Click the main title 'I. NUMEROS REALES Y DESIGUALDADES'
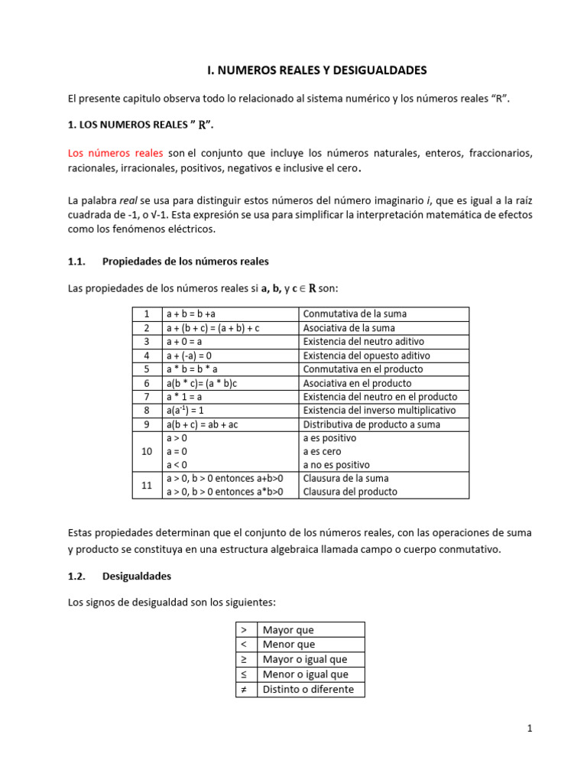click(317, 70)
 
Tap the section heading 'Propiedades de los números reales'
click(186, 262)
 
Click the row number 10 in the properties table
click(146, 452)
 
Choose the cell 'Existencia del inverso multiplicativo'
click(380, 411)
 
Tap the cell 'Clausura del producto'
click(351, 492)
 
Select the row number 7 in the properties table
click(146, 397)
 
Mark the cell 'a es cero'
click(324, 452)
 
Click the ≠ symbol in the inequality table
click(244, 689)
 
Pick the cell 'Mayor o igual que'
click(305, 659)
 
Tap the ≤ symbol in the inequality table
click(244, 674)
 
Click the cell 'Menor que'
click(289, 645)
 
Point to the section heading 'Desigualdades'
click(137, 576)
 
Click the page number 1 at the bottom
click(529, 729)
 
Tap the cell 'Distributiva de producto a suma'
click(369, 424)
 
